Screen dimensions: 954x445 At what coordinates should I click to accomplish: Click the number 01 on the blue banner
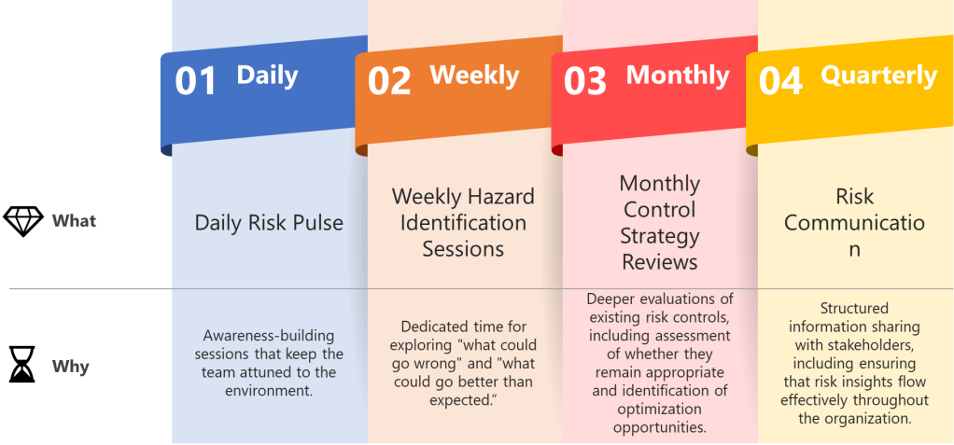196,81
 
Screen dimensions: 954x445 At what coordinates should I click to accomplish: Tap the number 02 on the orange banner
389,81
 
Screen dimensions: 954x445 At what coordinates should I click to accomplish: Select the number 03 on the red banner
585,81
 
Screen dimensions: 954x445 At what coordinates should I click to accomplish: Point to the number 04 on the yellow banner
780,81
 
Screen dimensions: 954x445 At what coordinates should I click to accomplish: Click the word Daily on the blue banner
267,76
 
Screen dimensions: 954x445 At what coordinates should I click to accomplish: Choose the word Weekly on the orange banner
474,76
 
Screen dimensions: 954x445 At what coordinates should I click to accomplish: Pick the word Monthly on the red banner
678,76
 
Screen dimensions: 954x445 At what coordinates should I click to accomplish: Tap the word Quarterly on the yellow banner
879,76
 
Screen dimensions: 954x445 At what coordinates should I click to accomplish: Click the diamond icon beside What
23,221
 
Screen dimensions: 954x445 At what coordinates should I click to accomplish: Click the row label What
75,221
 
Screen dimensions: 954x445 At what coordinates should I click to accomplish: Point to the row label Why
71,368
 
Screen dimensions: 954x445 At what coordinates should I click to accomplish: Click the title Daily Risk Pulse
269,222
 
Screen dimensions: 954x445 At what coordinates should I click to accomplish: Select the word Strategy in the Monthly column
660,236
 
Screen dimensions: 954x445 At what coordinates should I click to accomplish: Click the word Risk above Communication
854,196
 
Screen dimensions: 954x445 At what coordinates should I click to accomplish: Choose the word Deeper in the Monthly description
609,299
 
